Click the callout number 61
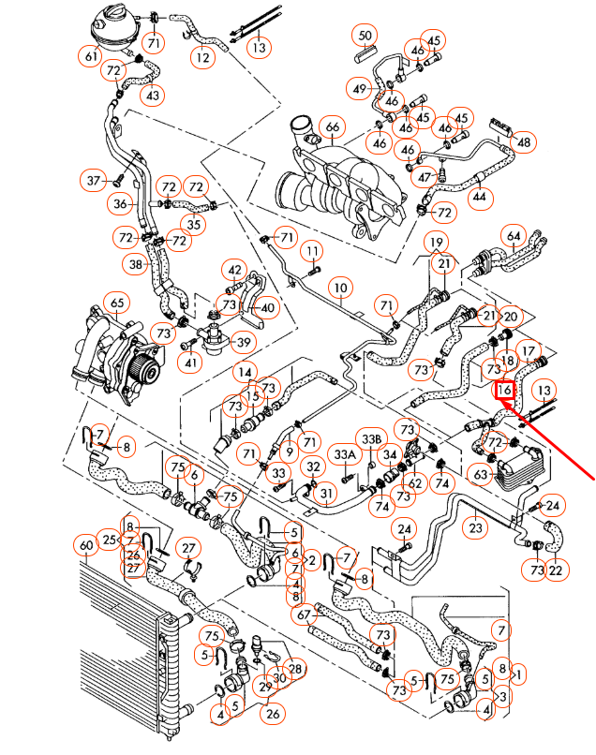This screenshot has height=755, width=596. [91, 57]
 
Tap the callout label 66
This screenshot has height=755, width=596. [331, 126]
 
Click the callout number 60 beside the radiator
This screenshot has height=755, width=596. [86, 544]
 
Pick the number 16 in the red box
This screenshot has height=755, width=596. [504, 389]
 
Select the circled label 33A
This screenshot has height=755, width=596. [345, 454]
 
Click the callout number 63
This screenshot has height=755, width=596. [481, 476]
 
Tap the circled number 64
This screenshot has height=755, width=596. [514, 235]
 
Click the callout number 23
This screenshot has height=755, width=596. [476, 527]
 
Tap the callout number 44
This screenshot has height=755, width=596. [480, 198]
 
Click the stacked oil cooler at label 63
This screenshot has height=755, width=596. [511, 468]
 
